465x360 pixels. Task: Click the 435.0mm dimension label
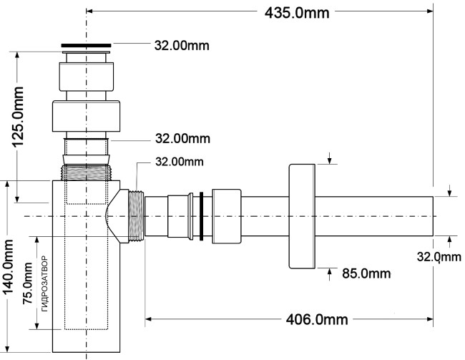coord(297,13)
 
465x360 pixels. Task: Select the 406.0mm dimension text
coord(317,320)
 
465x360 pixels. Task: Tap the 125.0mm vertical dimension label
coord(17,117)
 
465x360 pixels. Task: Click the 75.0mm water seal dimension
coord(28,283)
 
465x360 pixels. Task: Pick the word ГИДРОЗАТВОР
coord(44,283)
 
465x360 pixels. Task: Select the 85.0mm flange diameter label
coord(366,273)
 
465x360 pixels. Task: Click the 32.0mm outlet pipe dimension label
coord(439,257)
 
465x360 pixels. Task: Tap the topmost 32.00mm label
coord(182,45)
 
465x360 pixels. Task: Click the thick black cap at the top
coord(86,45)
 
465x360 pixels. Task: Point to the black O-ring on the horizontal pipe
coord(201,216)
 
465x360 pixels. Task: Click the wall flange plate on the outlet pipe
coord(302,216)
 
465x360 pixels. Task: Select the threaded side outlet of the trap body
coord(137,216)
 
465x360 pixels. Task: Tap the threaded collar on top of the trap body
coord(86,172)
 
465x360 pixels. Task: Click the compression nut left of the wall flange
coord(227,216)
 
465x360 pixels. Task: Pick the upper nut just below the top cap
coord(86,77)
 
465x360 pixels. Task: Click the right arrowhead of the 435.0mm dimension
coord(430,11)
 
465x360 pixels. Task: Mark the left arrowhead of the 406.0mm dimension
coord(148,319)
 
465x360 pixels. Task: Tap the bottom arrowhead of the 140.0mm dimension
coord(8,349)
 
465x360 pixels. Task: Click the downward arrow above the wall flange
coord(330,158)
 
